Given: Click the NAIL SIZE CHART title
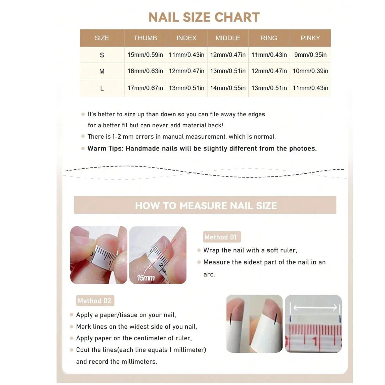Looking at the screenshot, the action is [x=204, y=17].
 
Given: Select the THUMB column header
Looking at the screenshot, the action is [x=145, y=38].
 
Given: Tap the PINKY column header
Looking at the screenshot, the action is [x=310, y=38].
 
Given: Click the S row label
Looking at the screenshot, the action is [x=102, y=55].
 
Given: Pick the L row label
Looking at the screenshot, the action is [x=102, y=88].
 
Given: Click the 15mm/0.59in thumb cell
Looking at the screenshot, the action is [x=145, y=55].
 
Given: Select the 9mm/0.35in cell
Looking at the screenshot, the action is [x=310, y=55].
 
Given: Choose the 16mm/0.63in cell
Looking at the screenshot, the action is [x=145, y=71].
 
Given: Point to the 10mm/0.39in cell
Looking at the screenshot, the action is [x=310, y=71].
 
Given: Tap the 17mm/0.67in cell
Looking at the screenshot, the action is [x=145, y=88].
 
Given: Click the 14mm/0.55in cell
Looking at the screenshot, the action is [x=228, y=88].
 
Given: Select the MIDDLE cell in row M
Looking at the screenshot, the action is [x=228, y=71].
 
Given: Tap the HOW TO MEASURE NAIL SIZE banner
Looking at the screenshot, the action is [x=205, y=205].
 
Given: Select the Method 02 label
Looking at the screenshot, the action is [x=95, y=301].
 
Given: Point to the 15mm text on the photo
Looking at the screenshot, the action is [x=146, y=278].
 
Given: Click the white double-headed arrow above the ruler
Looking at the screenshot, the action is [x=315, y=307].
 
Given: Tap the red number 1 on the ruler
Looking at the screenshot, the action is [x=315, y=342].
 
